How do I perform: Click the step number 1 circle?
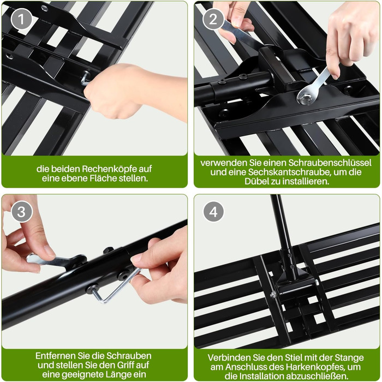(x=21, y=19)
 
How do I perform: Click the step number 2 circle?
(x=213, y=19)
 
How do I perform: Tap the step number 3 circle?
(x=21, y=212)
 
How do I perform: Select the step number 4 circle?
(x=213, y=212)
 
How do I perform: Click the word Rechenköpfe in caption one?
(x=110, y=169)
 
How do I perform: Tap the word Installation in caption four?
(x=265, y=376)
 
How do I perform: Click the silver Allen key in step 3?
(x=114, y=286)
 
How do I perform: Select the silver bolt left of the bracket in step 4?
(x=273, y=295)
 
